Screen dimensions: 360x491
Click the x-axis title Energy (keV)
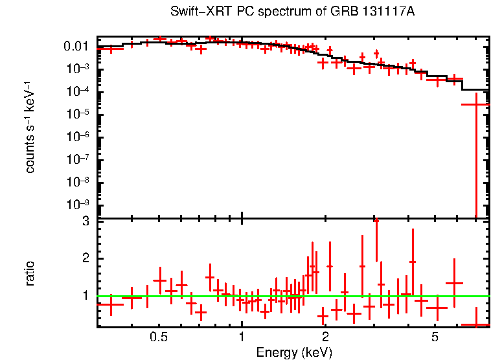point(294,352)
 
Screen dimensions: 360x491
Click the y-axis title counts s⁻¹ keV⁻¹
point(30,127)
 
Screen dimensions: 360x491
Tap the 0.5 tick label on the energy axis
point(159,337)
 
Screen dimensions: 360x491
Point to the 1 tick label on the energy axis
point(242,337)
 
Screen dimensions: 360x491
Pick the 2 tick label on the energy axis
point(325,337)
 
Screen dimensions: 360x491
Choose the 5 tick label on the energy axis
point(435,337)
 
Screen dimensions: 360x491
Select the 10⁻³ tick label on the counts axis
point(78,69)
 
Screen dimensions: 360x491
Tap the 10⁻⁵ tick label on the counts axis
point(78,114)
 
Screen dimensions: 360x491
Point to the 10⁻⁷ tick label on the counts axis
point(78,159)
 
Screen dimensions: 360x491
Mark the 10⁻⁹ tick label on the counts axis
point(78,205)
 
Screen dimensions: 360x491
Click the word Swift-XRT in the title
point(194,12)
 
